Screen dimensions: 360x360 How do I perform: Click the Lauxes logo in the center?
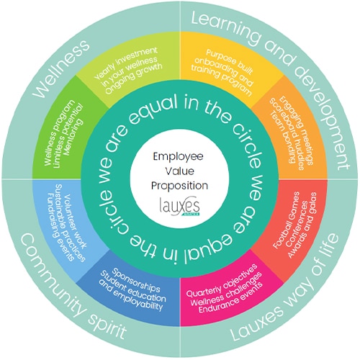click(x=179, y=207)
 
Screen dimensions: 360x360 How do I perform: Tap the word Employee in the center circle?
click(x=178, y=157)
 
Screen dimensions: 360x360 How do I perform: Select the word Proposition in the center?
click(x=179, y=186)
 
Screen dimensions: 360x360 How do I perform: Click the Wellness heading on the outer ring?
click(x=61, y=69)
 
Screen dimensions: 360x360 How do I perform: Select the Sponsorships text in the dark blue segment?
click(x=136, y=280)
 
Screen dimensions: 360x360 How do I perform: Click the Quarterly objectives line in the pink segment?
click(x=222, y=280)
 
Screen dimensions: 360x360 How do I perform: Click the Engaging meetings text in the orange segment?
click(x=297, y=131)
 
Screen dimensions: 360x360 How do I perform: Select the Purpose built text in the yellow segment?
click(x=230, y=62)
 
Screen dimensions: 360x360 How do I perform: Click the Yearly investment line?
click(x=126, y=63)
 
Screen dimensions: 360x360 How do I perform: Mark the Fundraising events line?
click(x=60, y=227)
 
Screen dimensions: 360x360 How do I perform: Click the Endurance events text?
click(x=230, y=298)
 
